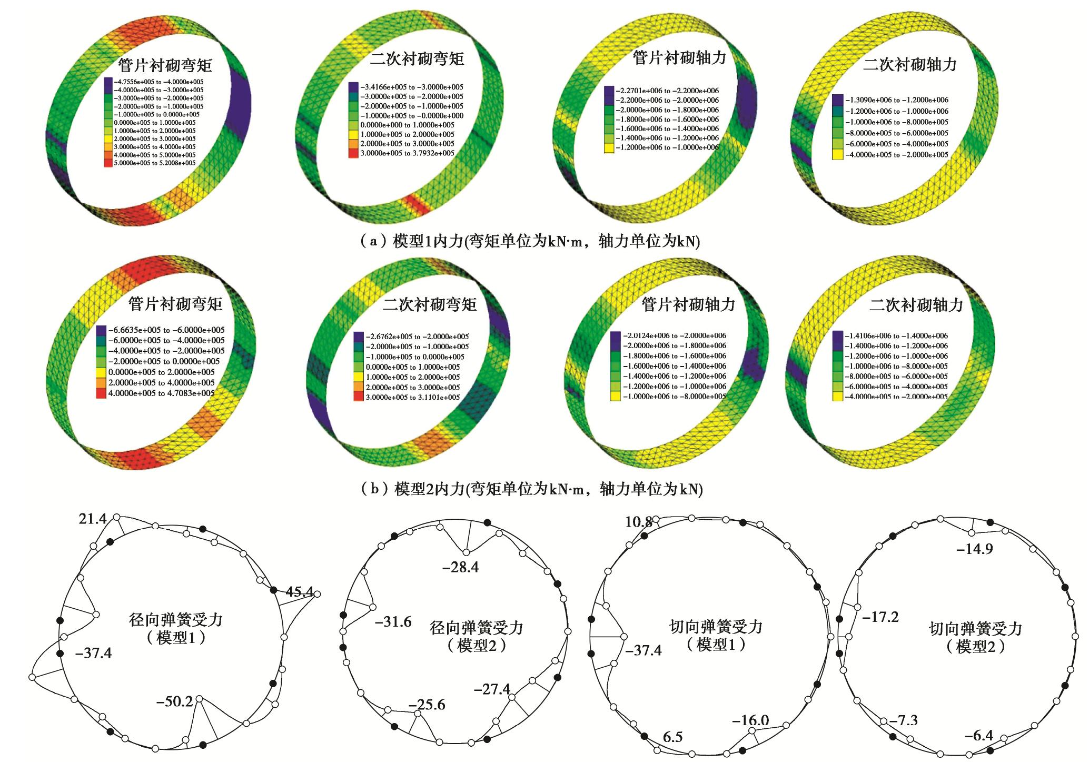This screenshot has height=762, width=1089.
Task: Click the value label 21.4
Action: [x=93, y=519]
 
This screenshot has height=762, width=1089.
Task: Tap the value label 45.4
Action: [x=300, y=592]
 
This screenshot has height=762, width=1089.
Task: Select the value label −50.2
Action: [x=174, y=701]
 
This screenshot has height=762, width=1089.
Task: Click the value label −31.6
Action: [x=393, y=622]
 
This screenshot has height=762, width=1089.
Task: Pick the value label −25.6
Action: [x=427, y=705]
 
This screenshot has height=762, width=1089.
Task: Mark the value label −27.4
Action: [x=492, y=689]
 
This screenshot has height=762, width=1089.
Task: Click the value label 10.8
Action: [x=639, y=522]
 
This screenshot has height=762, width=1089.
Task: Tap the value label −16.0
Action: [x=750, y=720]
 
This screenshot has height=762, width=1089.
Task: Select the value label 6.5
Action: [x=673, y=737]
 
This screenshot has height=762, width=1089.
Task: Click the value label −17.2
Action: [x=880, y=617]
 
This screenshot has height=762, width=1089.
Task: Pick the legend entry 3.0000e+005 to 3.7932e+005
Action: [x=407, y=153]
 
